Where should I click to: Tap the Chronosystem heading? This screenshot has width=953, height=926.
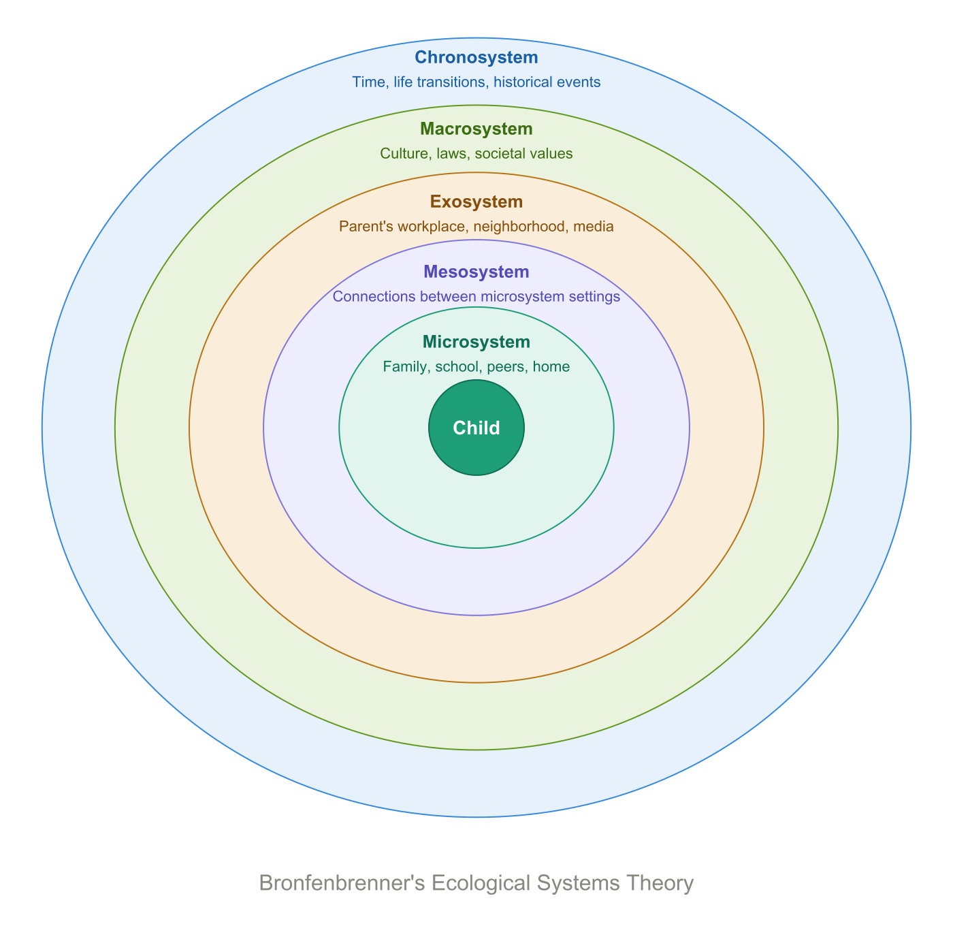point(476,58)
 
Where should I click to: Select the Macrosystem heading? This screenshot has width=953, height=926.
point(476,129)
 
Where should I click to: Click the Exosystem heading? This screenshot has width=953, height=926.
point(476,202)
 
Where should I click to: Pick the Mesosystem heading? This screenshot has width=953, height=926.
point(476,272)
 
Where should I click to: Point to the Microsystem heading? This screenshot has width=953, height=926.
point(476,342)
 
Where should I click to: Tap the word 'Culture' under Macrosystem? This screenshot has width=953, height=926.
point(403,154)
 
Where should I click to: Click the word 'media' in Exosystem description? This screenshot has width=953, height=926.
point(594,227)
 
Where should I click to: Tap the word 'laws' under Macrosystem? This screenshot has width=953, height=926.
point(452,154)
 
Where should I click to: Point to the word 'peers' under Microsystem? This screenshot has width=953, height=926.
point(506,367)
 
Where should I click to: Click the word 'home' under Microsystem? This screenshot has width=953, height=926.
point(551,367)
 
